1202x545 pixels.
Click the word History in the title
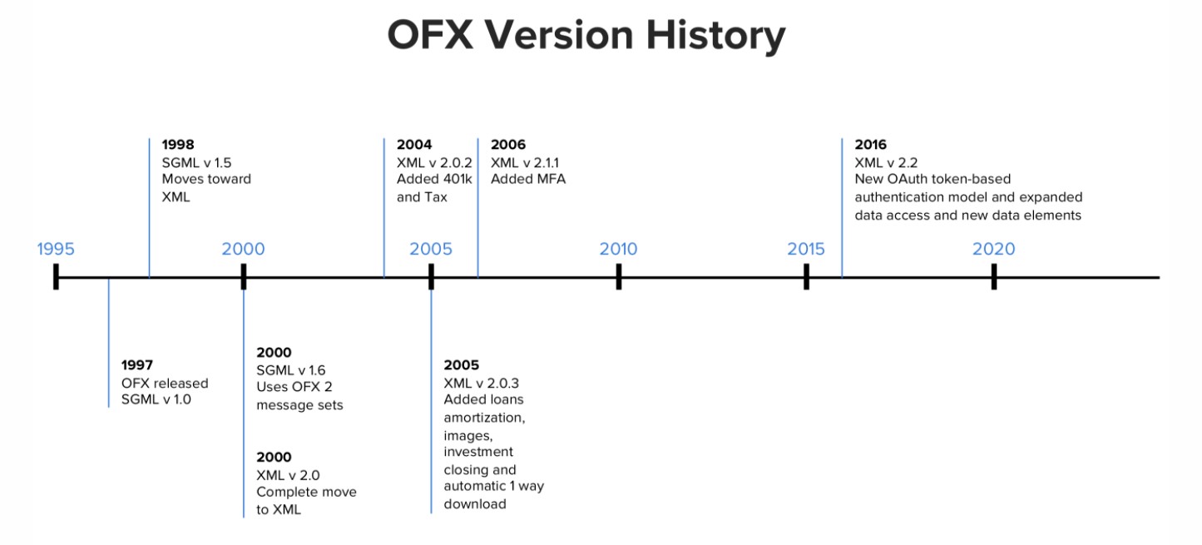coord(716,37)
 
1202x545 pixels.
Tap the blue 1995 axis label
coord(56,249)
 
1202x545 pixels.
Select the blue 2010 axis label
coord(618,249)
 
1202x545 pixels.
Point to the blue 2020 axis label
coord(994,249)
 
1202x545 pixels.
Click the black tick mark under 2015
coord(806,276)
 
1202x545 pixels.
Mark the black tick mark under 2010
coord(619,276)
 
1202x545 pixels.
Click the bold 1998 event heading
coord(178,145)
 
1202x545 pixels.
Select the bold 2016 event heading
coord(870,145)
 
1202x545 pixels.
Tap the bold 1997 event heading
coord(136,365)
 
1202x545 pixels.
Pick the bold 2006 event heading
coord(508,145)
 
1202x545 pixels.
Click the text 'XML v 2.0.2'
coord(434,163)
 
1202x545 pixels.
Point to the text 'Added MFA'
coord(528,179)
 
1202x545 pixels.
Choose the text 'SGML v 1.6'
coord(291,370)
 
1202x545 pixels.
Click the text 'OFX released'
coord(165,384)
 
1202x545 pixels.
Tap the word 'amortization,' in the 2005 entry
coord(484,418)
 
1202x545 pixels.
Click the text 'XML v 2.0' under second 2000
coord(288,475)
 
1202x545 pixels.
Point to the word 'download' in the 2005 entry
coord(475,503)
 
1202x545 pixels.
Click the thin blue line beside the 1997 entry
coord(108,343)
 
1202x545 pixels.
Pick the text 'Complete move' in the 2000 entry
coord(306,492)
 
